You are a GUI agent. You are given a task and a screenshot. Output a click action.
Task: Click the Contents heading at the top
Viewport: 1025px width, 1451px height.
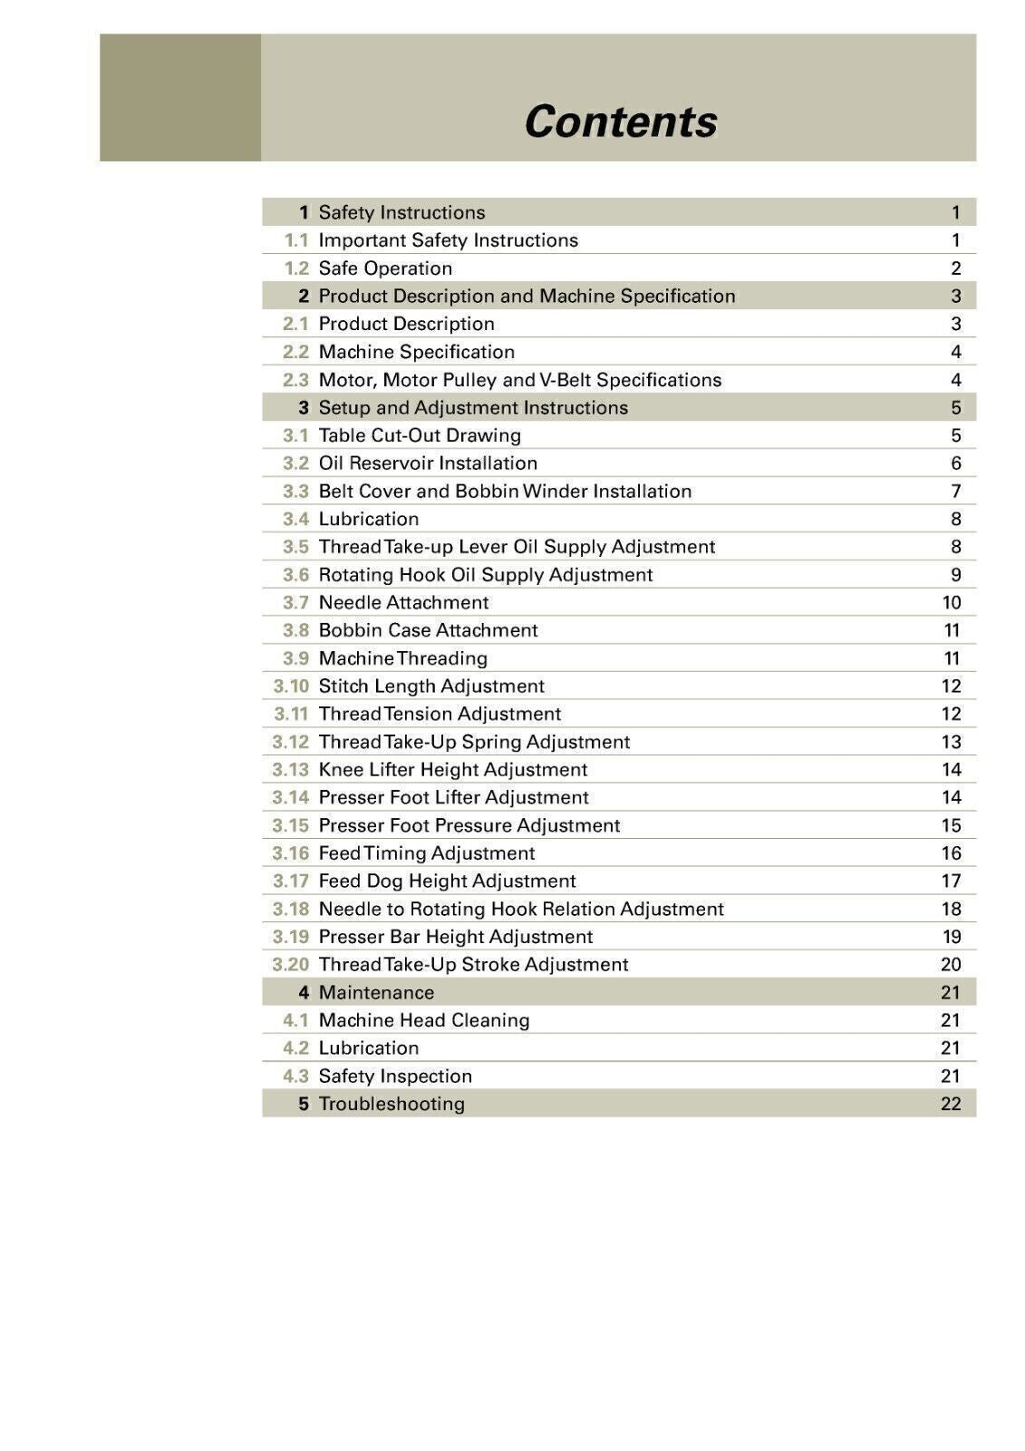620,122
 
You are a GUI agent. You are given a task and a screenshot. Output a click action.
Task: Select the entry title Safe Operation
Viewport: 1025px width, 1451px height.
385,268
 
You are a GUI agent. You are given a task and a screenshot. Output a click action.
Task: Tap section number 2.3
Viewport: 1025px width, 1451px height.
295,380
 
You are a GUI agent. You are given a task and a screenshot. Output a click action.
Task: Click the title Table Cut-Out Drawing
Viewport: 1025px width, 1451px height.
420,435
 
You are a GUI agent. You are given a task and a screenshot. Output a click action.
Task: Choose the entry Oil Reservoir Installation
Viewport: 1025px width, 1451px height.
428,463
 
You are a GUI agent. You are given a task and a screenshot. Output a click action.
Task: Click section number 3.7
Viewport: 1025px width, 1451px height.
295,603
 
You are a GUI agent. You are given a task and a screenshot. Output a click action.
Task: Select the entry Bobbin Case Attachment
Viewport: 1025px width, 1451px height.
428,630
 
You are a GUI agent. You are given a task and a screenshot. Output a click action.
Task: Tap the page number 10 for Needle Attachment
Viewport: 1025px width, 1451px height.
951,603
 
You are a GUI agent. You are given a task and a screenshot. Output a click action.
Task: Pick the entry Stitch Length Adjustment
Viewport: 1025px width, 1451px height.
431,687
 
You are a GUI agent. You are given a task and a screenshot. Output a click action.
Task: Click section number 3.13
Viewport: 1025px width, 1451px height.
291,770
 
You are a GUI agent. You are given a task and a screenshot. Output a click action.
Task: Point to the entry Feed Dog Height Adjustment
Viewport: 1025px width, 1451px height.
447,881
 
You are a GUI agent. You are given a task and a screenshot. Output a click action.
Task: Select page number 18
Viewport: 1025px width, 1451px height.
951,910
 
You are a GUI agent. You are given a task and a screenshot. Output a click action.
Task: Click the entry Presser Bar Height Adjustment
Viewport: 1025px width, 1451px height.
455,937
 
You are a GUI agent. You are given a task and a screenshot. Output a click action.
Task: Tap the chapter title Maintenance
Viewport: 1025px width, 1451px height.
376,993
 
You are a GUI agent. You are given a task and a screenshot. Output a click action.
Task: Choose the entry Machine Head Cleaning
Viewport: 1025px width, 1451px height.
424,1020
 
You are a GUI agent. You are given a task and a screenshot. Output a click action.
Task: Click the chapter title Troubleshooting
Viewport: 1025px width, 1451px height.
392,1105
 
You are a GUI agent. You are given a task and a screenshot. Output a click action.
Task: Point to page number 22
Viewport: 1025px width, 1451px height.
951,1105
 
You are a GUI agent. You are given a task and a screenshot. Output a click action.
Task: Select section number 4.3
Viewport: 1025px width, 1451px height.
295,1076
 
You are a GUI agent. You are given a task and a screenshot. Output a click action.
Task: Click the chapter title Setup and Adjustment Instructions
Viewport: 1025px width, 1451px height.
473,408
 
